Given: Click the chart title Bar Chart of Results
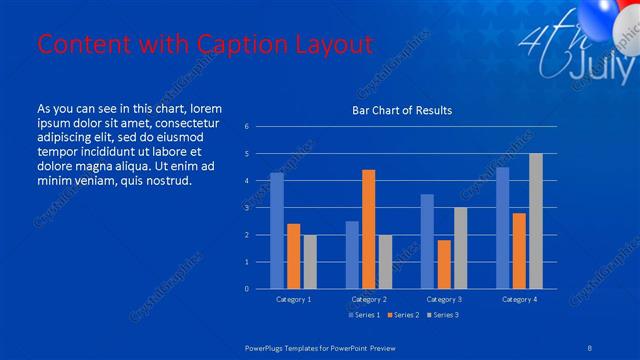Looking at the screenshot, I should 401,110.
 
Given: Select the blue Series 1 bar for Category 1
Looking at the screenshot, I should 277,231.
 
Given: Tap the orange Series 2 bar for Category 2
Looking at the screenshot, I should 368,229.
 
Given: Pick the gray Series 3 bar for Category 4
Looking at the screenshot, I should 536,221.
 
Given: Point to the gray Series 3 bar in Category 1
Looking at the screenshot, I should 310,262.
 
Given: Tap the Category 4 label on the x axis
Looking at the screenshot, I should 519,299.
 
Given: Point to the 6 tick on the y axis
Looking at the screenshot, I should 260,127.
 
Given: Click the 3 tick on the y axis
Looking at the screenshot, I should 260,208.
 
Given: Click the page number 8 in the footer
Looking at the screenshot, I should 589,347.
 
